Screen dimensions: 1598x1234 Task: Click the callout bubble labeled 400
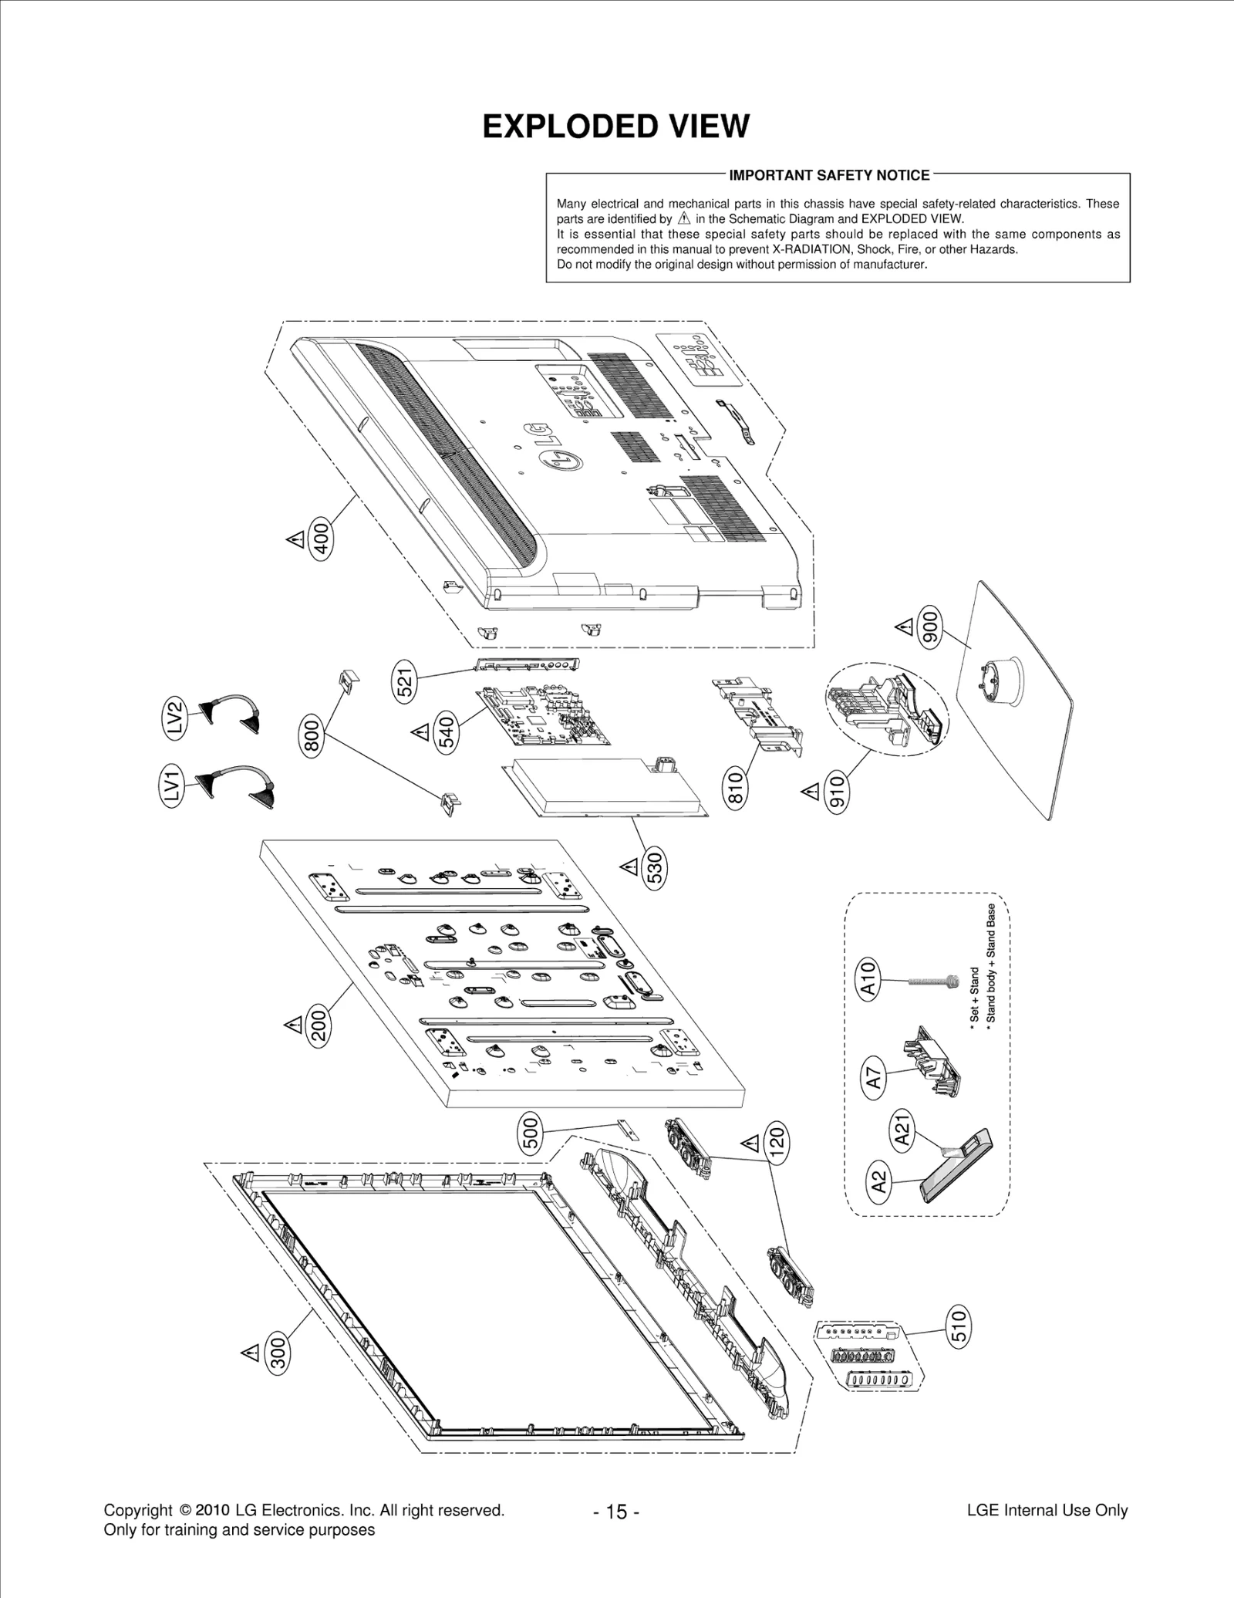point(322,538)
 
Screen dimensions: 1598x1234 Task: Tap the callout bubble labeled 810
point(735,789)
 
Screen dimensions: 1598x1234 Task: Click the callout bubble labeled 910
point(837,793)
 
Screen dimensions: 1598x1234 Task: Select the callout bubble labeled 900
point(931,628)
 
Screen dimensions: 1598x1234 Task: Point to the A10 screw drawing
point(932,981)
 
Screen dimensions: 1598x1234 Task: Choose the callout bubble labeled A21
point(902,1130)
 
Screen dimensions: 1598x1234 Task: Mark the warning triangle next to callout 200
point(293,1025)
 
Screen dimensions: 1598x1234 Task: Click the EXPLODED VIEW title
point(615,127)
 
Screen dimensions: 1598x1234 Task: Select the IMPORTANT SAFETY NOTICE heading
point(829,175)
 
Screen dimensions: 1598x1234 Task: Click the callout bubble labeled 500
point(531,1137)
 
